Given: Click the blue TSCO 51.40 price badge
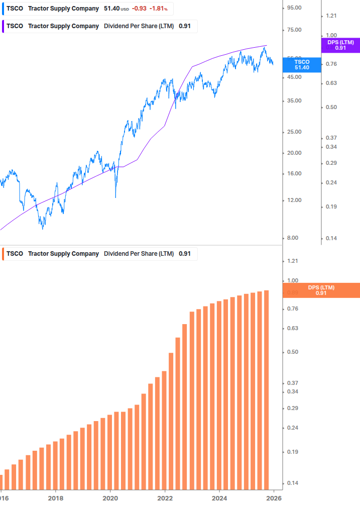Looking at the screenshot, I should point(302,64).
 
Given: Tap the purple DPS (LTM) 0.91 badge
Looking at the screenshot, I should point(340,45).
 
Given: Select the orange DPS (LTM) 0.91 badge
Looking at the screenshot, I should point(321,290).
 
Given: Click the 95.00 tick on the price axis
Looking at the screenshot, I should point(293,8).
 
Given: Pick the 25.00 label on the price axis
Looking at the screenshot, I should point(293,132).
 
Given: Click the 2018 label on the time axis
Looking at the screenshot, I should point(56,498).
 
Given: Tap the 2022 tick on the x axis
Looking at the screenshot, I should point(165,498).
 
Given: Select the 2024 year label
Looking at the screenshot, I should point(219,498).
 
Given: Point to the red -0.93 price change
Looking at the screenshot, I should point(139,9).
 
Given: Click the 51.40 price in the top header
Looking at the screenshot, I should point(111,9).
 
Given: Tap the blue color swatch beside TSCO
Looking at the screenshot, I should point(3,9).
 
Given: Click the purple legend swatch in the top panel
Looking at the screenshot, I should point(3,26).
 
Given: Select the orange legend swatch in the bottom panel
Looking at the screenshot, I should point(3,254).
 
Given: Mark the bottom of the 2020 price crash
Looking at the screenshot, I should point(116,197).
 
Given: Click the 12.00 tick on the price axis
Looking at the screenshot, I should point(293,200).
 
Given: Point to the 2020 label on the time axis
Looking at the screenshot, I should point(110,498).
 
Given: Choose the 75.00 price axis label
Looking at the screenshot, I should point(293,30).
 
